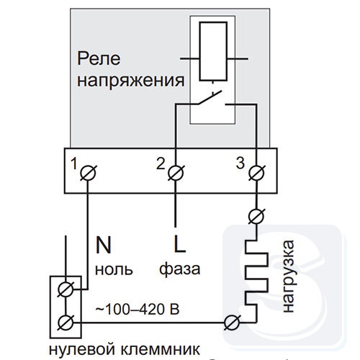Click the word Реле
[99, 59]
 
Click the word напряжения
[131, 81]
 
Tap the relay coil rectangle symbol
[213, 51]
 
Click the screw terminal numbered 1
[88, 173]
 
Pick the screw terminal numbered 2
[176, 173]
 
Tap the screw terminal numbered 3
[257, 173]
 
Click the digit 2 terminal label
[161, 164]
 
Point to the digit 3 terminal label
[240, 163]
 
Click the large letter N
[104, 245]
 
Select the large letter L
[180, 244]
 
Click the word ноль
[114, 269]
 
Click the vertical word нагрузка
[288, 276]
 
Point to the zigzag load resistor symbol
[256, 280]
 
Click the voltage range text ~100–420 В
[138, 309]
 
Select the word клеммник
[160, 349]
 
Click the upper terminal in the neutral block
[66, 289]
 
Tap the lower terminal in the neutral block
[66, 323]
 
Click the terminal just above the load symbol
[256, 217]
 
